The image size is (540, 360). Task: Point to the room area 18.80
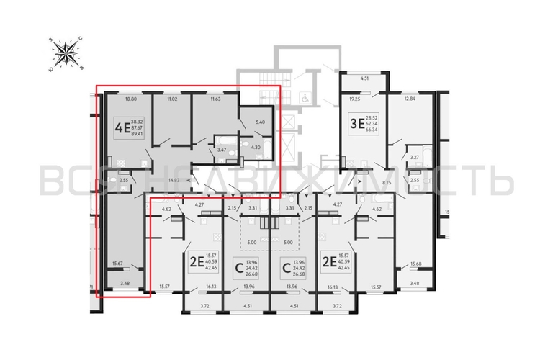click(130, 100)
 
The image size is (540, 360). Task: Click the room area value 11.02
click(171, 100)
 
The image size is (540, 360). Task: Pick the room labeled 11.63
click(215, 100)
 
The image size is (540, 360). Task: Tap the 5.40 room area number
click(261, 123)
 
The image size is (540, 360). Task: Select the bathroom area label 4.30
click(254, 147)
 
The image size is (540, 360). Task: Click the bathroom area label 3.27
click(414, 156)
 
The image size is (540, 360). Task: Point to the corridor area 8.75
click(387, 183)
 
